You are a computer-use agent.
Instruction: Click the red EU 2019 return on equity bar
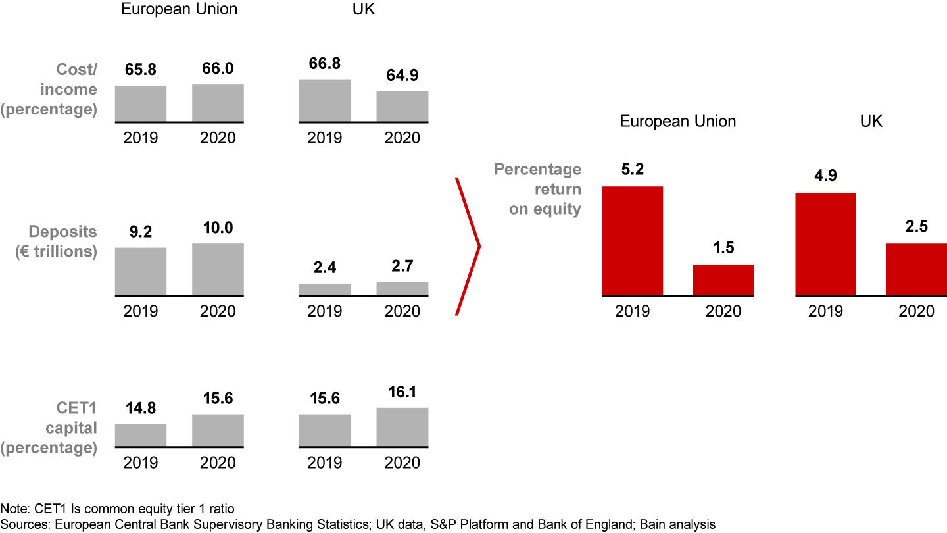[632, 241]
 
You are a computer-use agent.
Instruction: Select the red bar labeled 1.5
[723, 280]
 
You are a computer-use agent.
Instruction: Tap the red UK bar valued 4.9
[825, 244]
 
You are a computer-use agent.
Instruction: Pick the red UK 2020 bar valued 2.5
[916, 269]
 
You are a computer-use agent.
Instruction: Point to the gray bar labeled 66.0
[218, 103]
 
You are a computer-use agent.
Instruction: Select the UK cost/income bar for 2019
[325, 100]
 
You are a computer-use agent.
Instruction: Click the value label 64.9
[402, 76]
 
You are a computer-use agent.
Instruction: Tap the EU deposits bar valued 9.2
[141, 271]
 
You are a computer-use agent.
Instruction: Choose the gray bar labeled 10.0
[218, 269]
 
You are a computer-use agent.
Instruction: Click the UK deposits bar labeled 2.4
[325, 289]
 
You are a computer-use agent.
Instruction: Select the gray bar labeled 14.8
[141, 435]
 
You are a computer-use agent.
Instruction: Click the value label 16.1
[402, 393]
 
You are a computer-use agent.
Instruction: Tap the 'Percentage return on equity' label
[537, 189]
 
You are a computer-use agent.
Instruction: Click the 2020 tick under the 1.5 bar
[723, 311]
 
